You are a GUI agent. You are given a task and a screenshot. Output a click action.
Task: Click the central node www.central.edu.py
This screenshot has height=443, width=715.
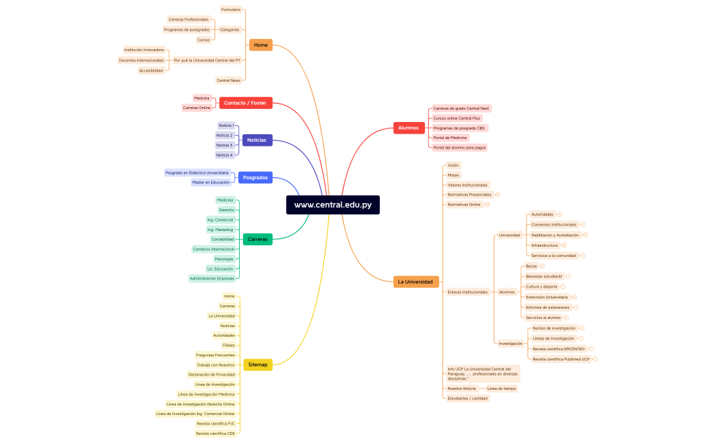click(333, 204)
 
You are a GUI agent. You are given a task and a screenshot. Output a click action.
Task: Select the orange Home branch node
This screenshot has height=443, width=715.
click(260, 45)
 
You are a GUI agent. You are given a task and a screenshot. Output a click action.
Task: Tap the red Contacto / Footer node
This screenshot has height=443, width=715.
click(245, 103)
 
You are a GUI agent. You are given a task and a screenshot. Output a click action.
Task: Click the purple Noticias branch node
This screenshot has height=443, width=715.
click(257, 140)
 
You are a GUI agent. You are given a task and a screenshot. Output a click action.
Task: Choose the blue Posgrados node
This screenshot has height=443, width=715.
click(255, 177)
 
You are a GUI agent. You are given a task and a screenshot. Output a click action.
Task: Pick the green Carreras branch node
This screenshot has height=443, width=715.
click(257, 239)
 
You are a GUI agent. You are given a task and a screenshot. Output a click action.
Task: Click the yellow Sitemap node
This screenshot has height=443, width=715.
click(257, 365)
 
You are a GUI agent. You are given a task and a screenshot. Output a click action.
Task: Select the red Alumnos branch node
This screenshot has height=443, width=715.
click(409, 127)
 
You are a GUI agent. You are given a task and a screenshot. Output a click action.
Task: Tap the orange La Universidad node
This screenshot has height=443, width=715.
click(415, 281)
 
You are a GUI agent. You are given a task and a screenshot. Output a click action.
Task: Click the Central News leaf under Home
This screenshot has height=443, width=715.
click(228, 80)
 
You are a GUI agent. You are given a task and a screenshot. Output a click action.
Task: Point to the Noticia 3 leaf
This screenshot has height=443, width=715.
click(224, 145)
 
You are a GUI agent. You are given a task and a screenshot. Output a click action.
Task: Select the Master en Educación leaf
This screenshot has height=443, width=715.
click(210, 182)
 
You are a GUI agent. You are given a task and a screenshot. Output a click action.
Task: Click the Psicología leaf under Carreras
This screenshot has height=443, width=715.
click(223, 259)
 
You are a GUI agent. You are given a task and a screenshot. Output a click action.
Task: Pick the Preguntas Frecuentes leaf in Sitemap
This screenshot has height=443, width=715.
click(215, 355)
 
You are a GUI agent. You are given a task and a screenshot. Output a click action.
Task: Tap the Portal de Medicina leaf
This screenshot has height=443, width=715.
click(450, 138)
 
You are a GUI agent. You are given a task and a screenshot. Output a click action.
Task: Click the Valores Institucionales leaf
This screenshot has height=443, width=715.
click(467, 185)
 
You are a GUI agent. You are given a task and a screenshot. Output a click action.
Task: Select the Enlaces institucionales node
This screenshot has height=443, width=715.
click(467, 292)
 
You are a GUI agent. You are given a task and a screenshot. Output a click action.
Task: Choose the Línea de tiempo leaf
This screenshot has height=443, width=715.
click(501, 388)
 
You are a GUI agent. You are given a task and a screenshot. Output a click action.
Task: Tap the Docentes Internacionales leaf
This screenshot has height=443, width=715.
click(141, 60)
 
